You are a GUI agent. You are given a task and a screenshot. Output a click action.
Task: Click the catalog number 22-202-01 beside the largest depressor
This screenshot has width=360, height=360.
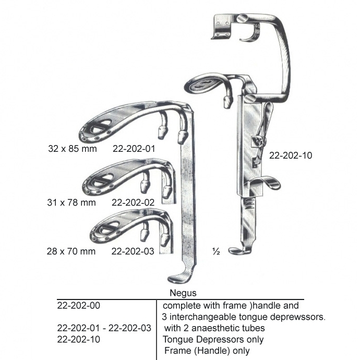134,149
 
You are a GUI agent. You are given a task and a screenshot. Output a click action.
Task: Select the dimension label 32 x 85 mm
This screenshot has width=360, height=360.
73,149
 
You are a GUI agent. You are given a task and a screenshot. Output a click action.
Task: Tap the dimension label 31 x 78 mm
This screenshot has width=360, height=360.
71,202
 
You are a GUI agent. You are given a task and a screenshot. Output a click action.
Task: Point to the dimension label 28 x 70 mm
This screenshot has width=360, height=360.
71,251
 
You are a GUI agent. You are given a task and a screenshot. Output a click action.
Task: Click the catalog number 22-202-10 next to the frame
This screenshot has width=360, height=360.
291,155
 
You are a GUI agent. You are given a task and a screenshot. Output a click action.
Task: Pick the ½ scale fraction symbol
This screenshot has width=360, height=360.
216,252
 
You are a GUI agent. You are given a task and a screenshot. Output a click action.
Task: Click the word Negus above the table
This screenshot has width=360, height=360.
183,293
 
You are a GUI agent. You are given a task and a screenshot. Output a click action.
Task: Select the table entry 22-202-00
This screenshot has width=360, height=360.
78,306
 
